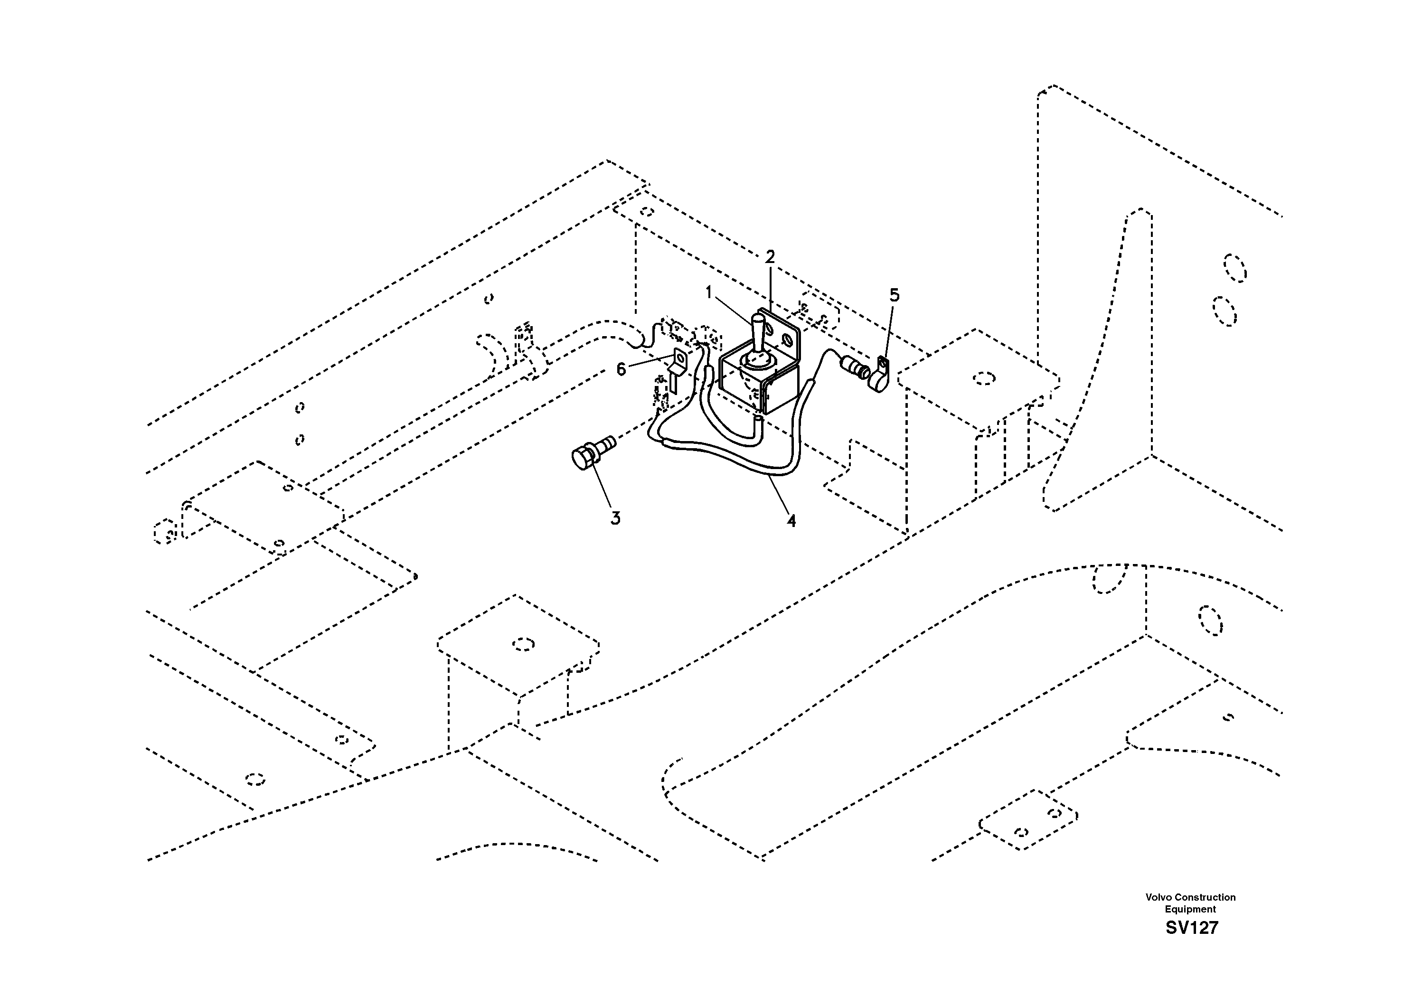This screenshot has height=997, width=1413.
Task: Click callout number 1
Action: (708, 292)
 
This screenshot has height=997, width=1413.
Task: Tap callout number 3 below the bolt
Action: (615, 518)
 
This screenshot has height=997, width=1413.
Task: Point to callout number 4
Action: (791, 521)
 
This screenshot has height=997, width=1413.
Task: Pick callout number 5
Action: (894, 295)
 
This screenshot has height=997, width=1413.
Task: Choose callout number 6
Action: (621, 369)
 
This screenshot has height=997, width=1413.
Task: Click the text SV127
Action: (1191, 928)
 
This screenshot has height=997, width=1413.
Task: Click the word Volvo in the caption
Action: (1159, 897)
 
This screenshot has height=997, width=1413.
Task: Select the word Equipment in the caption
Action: (1190, 909)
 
